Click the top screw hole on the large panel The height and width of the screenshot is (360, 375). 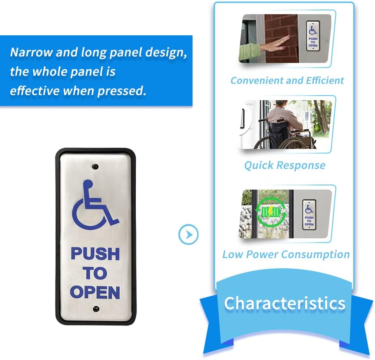(x=95, y=167)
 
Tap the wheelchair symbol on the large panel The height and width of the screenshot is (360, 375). (x=95, y=203)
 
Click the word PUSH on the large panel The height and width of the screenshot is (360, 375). (x=95, y=254)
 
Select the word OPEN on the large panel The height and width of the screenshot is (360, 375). (x=95, y=292)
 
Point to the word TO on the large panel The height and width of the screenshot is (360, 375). (x=95, y=273)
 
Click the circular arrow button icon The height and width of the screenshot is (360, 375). (x=189, y=234)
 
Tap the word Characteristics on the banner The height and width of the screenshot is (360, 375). (x=285, y=303)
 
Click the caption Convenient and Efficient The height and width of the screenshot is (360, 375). (x=287, y=81)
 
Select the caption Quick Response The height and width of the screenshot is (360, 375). (x=285, y=165)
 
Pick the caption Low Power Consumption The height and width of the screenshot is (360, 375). (x=286, y=254)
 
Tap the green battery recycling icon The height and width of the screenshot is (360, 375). (x=271, y=211)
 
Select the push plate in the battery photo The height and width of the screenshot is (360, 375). (x=309, y=215)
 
